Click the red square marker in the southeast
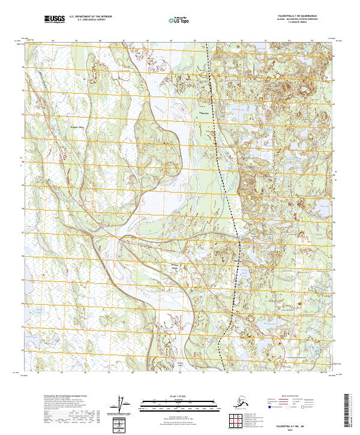click(x=280, y=343)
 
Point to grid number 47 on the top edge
click(x=124, y=41)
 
